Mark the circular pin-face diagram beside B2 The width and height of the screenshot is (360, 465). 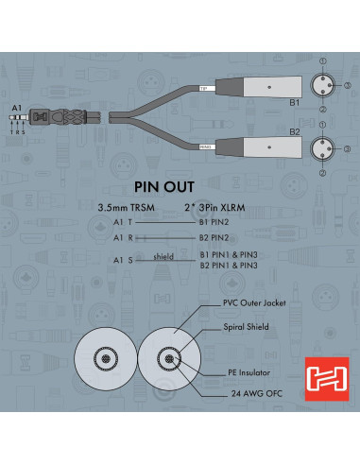pos(323,148)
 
